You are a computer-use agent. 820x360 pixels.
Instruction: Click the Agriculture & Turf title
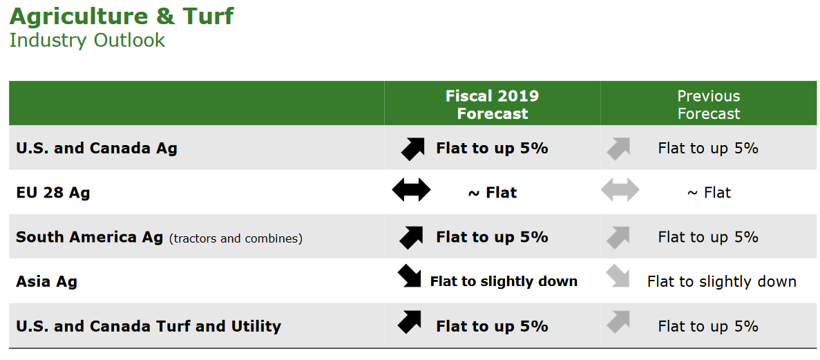pos(122,16)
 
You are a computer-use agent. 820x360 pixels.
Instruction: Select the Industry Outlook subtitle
pos(87,41)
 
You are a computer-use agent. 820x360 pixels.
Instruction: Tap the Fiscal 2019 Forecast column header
pos(492,104)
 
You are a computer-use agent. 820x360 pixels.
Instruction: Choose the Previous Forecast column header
pos(709,104)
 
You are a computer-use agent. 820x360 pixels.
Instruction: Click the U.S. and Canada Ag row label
pos(97,148)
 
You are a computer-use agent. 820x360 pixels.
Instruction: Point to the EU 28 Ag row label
pos(53,193)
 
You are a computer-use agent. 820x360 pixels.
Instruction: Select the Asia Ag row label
pos(46,281)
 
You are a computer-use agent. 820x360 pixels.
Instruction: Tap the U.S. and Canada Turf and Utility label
pos(149,327)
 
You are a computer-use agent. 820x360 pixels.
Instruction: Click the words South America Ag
pos(89,237)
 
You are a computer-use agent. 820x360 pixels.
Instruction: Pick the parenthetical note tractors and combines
pos(236,238)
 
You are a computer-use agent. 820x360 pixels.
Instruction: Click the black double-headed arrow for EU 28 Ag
pos(411,189)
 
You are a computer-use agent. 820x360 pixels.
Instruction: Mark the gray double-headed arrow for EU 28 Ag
pos(620,189)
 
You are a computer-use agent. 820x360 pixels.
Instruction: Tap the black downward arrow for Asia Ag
pos(410,276)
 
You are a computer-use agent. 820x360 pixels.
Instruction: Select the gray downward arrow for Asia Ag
pos(618,276)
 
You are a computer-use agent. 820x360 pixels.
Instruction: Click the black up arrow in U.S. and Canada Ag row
pos(412,149)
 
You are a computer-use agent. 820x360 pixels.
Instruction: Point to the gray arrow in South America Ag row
pos(618,237)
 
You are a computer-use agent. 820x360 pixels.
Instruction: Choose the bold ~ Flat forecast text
pos(492,193)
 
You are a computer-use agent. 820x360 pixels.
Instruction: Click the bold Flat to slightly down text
pos(504,281)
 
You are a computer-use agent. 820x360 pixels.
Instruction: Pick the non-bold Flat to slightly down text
pos(722,281)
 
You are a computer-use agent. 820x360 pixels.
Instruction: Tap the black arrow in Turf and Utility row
pos(410,322)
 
